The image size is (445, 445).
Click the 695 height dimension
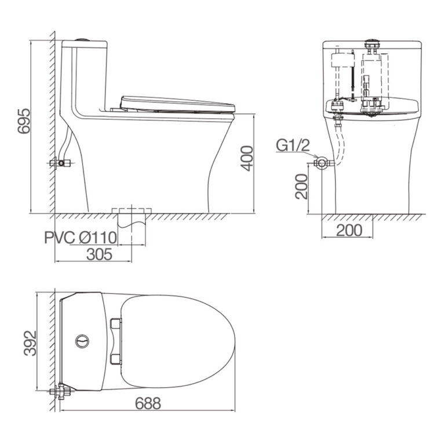click(24, 121)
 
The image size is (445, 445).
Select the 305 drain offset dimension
click(99, 254)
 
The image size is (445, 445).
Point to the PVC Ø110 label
click(81, 237)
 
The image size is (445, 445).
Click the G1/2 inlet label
click(293, 146)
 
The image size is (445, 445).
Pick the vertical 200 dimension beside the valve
click(301, 187)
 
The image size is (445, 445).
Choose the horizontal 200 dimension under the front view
click(349, 230)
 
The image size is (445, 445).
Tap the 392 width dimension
click(30, 343)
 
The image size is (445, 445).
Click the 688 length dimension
click(148, 403)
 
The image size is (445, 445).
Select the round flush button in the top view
click(82, 341)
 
